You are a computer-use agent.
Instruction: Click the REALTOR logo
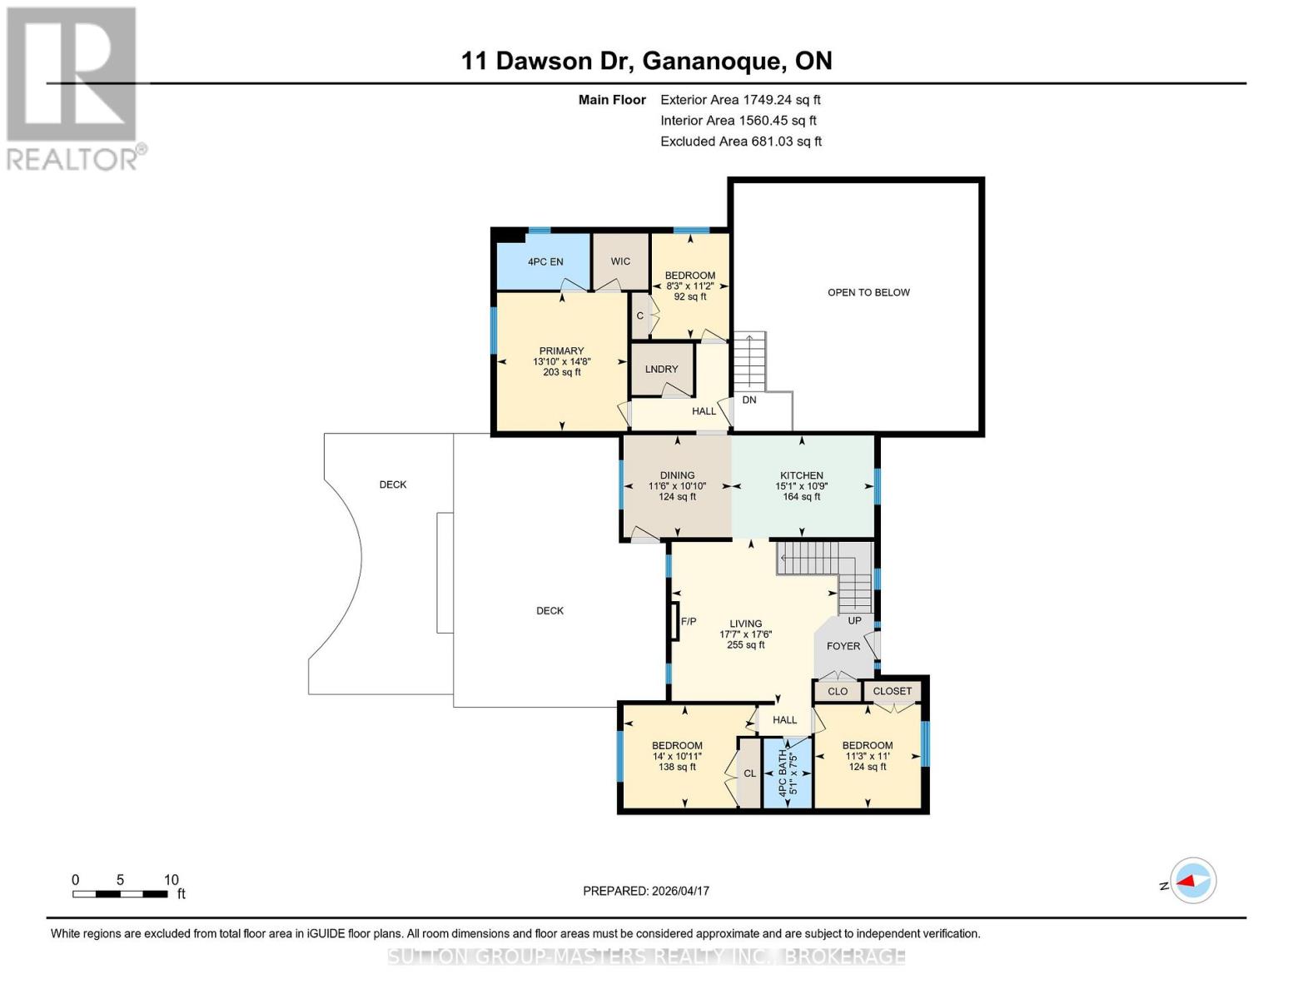(x=73, y=88)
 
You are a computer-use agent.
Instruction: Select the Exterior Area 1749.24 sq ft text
(x=740, y=100)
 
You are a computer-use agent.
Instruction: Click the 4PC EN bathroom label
(x=545, y=261)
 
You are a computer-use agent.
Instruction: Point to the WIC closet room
(x=620, y=261)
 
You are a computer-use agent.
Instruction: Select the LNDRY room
(x=662, y=369)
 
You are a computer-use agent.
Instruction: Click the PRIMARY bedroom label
(x=561, y=351)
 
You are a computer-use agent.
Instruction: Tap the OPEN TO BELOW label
(x=868, y=292)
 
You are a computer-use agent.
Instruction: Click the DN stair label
(x=749, y=400)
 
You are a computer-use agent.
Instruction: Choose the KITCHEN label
(x=801, y=475)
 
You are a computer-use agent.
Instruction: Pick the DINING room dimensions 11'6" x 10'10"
(x=677, y=486)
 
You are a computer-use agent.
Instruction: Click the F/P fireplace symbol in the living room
(x=676, y=621)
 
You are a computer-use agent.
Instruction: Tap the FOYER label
(x=843, y=646)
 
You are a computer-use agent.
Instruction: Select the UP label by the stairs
(x=854, y=621)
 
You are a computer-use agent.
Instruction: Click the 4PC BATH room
(x=788, y=773)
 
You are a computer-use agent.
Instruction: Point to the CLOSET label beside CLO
(x=893, y=691)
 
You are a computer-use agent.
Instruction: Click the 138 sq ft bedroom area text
(x=677, y=768)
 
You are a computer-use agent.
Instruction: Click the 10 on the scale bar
(x=172, y=880)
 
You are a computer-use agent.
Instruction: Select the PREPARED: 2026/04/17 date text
(x=646, y=891)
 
